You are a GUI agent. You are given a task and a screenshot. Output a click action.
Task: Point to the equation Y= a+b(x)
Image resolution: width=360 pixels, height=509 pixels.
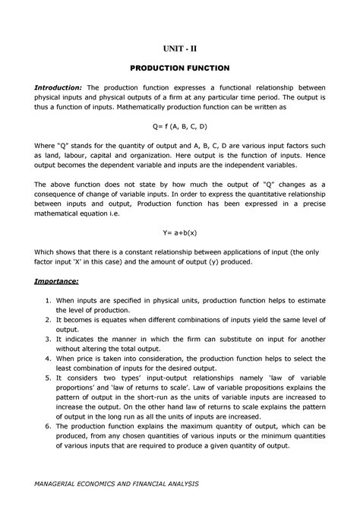point(179,236)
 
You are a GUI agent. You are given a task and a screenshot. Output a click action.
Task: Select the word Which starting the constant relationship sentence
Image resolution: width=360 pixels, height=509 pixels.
point(46,251)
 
